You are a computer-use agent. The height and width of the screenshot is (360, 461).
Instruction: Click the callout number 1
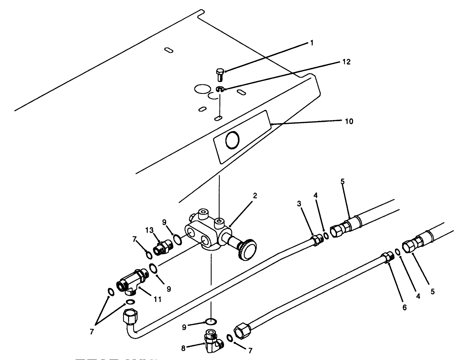(x=312, y=43)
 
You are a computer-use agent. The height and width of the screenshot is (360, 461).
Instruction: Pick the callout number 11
(x=157, y=299)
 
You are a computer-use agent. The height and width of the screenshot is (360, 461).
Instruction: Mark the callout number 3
(x=299, y=204)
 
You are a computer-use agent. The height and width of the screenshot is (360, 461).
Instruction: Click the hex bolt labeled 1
(x=220, y=73)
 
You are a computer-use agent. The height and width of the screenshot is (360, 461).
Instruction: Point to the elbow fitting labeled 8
(x=212, y=342)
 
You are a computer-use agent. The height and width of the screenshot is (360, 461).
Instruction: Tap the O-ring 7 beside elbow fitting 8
(x=230, y=338)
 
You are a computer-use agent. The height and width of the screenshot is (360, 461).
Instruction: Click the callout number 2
(x=255, y=196)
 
